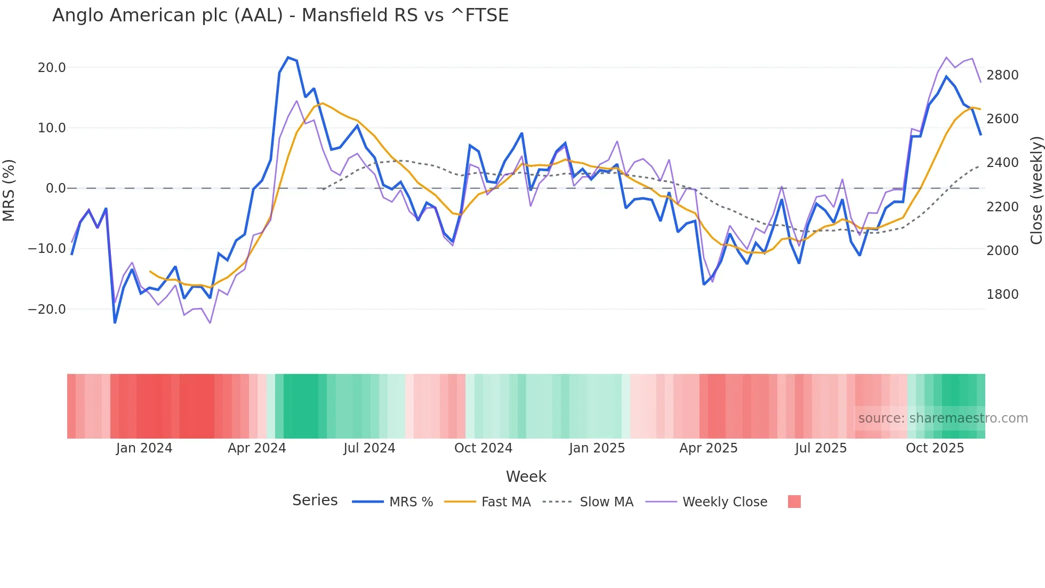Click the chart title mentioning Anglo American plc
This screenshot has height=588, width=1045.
coord(280,15)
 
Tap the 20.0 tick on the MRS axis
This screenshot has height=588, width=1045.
coord(52,68)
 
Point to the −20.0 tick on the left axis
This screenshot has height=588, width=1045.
coord(47,309)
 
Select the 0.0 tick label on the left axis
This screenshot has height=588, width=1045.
coord(55,188)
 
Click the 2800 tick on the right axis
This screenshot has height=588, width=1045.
coord(1002,75)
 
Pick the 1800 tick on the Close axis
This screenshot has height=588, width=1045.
coord(1002,295)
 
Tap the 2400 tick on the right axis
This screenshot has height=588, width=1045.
coord(1002,163)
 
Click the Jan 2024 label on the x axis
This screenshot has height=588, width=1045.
coord(144,448)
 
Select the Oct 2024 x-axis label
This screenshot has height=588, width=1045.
coord(483,448)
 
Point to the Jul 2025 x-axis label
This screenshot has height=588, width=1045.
coord(821,448)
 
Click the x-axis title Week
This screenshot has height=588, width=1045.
coord(526,476)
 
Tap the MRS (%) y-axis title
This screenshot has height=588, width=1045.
coord(9,190)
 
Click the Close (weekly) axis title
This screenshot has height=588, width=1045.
coord(1036,190)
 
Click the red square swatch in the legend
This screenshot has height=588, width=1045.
coord(794,502)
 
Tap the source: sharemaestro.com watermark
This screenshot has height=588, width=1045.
coord(943,418)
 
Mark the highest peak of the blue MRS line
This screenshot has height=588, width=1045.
coord(288,57)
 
